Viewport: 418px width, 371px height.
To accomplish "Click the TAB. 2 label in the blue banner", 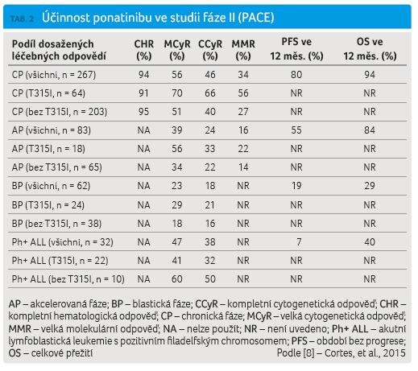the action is coord(22,19).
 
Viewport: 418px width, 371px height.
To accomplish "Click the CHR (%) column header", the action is coord(144,50).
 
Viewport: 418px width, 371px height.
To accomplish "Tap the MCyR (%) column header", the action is coord(177,50).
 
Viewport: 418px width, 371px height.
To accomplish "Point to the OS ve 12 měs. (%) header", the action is coord(370,49).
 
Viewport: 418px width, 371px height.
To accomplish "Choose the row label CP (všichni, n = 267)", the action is coord(54,75).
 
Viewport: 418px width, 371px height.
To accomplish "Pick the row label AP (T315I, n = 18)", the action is coord(48,149).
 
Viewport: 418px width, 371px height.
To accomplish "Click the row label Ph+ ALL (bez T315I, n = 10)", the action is coord(68,279).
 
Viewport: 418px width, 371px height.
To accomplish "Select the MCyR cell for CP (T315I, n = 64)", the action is coord(177,93).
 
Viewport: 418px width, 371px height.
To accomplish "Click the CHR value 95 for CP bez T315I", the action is coord(143,112).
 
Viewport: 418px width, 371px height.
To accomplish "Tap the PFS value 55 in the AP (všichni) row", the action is coord(296,130).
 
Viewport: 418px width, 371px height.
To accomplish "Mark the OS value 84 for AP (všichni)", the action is coord(370,130).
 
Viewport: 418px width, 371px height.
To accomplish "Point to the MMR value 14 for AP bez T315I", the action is coord(243,167).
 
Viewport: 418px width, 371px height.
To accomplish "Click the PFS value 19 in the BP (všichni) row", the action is coord(296,186).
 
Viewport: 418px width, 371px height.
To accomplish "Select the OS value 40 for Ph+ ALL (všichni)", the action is coord(370,242).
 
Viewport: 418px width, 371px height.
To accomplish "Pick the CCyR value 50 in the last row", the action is coord(210,279).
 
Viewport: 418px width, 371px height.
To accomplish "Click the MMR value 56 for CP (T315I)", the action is coord(243,93).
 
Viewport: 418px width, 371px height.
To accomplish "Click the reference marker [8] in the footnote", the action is coord(308,353).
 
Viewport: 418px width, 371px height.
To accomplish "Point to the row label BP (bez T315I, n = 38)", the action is coord(56,224).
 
